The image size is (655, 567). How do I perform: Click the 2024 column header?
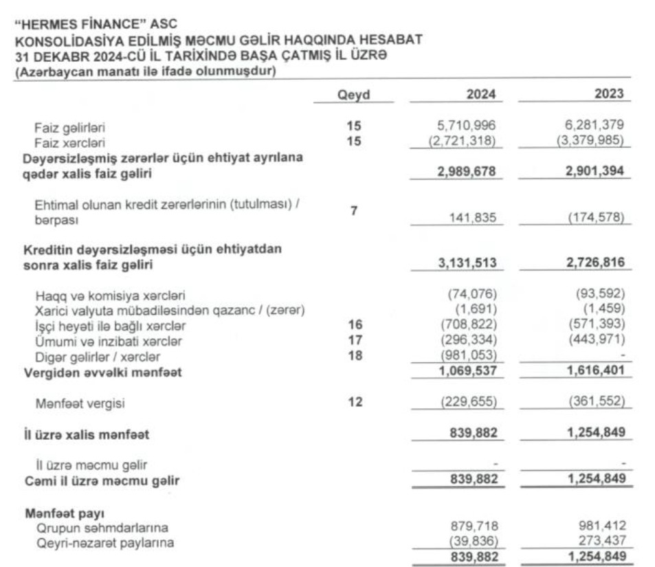481,95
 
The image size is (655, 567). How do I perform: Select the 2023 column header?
610,95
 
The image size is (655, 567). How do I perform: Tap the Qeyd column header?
353,96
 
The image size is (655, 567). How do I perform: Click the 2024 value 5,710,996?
467,126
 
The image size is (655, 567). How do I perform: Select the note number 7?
353,210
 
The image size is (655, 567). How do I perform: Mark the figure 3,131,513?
467,263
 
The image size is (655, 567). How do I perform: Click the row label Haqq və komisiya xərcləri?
111,296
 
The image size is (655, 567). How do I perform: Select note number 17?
353,340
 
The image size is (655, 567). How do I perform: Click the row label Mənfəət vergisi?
80,404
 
